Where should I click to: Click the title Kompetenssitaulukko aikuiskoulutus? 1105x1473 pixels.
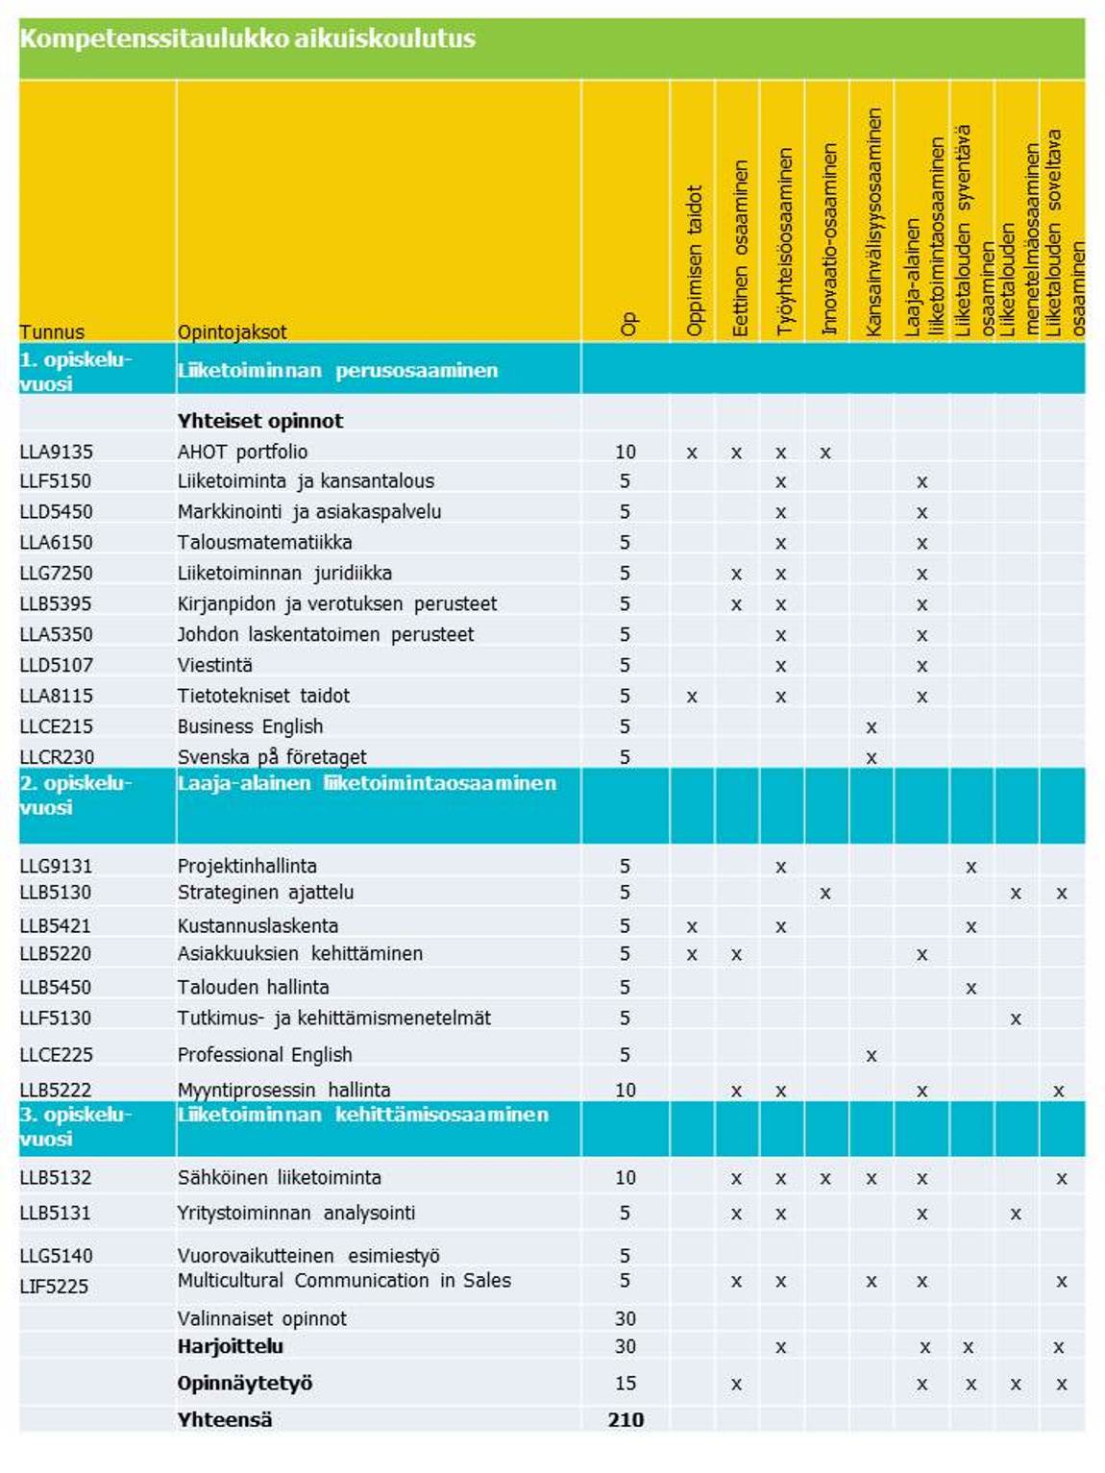tap(247, 39)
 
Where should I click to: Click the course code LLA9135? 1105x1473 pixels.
tap(56, 452)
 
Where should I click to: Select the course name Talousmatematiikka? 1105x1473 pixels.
tap(264, 543)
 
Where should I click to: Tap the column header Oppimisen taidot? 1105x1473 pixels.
tap(694, 259)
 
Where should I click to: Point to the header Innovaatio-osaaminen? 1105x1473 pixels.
tap(829, 240)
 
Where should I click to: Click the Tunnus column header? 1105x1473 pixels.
tap(52, 332)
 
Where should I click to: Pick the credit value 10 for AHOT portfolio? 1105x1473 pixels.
tap(626, 452)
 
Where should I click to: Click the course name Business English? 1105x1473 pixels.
tap(250, 726)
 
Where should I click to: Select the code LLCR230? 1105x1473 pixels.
tap(57, 757)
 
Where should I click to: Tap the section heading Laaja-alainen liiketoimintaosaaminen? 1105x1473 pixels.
tap(366, 783)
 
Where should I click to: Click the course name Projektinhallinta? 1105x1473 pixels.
tap(247, 866)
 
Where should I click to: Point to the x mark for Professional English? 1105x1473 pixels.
tap(872, 1056)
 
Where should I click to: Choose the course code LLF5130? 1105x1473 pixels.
tap(56, 1018)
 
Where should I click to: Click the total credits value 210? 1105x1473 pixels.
tap(626, 1419)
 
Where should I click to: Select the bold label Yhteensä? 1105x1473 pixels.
tap(225, 1419)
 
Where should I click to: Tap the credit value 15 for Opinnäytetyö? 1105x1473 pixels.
tap(626, 1384)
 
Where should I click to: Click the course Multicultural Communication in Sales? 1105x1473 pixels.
tap(344, 1281)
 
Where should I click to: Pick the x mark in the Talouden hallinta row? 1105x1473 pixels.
tap(971, 988)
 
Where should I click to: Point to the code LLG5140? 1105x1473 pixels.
tap(56, 1255)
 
